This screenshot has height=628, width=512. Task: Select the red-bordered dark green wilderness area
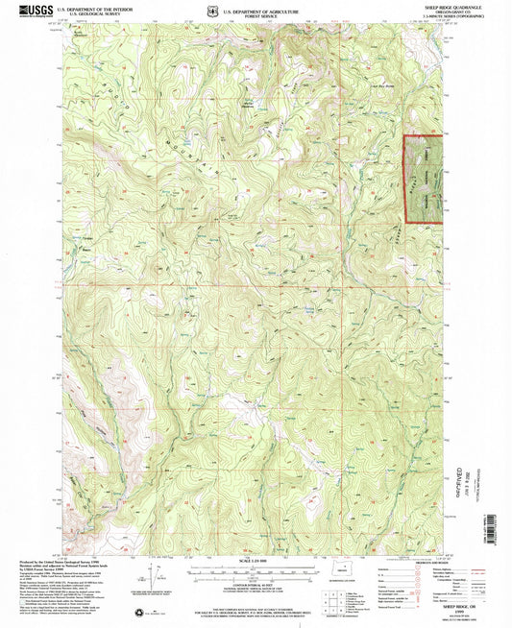point(424,180)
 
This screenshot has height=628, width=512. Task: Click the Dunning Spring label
point(309,309)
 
